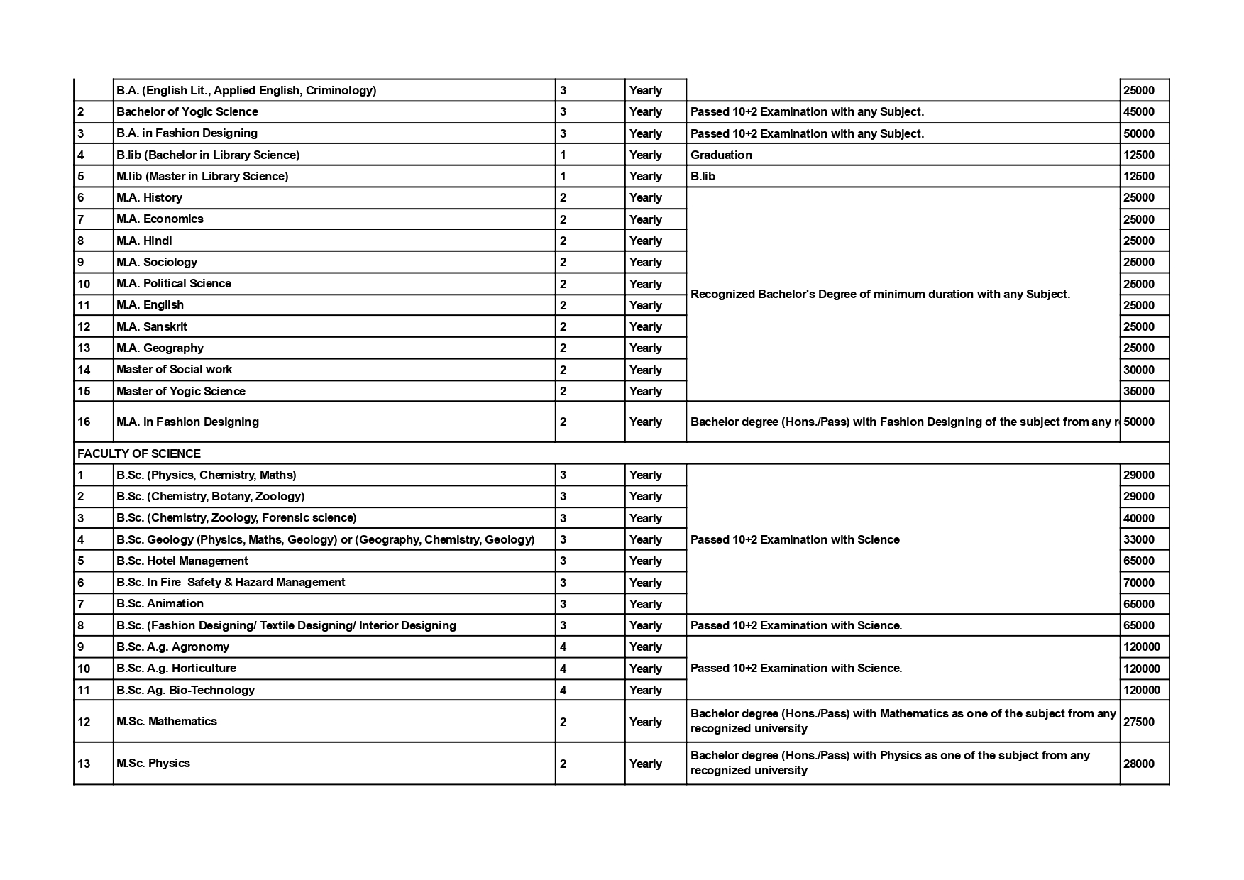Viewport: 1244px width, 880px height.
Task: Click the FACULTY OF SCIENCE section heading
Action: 139,453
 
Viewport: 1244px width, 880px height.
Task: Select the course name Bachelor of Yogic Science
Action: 187,111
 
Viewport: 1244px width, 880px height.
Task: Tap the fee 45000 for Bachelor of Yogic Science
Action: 1139,111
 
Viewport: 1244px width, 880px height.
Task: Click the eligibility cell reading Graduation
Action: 721,155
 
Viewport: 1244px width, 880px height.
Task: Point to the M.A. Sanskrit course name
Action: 152,326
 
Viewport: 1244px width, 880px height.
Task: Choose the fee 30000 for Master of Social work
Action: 1139,370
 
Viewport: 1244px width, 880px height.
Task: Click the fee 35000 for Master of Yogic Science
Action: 1139,391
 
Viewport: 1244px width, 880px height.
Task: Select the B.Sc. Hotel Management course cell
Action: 182,561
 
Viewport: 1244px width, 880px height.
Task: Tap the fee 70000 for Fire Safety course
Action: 1139,583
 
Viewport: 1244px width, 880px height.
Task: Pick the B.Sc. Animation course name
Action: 160,603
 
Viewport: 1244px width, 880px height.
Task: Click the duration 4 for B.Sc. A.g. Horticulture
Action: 563,669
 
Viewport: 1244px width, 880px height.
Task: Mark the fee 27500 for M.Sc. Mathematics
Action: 1139,722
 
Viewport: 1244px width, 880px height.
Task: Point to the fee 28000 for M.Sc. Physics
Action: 1139,764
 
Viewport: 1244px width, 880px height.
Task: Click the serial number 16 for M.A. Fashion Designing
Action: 84,422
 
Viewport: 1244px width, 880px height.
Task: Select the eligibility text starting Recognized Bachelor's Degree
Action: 880,294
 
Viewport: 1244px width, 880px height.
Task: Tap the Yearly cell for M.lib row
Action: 646,176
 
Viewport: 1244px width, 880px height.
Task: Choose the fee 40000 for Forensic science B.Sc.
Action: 1139,518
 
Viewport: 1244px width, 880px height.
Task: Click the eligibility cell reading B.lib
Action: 703,176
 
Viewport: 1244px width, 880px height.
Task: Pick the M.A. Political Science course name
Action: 174,283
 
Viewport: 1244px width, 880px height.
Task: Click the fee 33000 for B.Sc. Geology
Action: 1139,539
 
